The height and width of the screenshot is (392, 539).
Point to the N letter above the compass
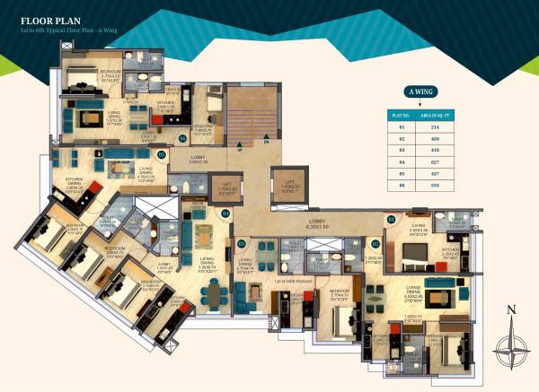tap(510, 311)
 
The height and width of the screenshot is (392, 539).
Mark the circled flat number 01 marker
tap(391, 218)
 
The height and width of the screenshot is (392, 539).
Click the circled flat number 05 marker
tap(163, 153)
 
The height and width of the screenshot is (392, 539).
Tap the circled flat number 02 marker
tap(373, 243)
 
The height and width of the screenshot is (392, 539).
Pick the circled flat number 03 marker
tap(241, 243)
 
